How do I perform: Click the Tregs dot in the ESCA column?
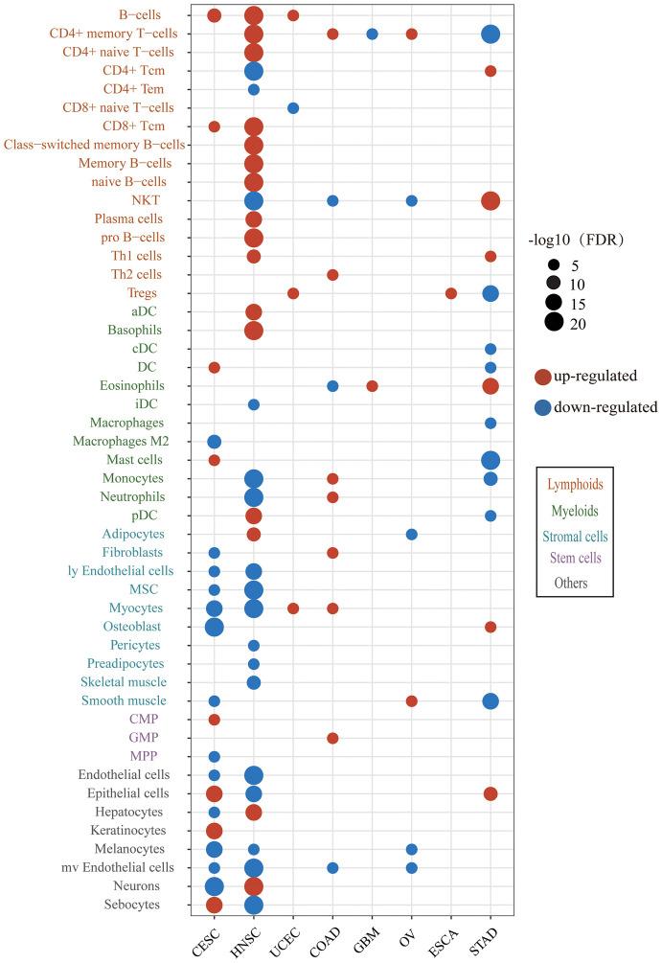coord(451,293)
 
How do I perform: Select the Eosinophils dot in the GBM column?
coord(372,386)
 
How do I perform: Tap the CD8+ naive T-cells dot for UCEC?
coord(293,108)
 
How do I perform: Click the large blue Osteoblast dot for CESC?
coord(215,627)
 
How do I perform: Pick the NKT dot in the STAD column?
coord(491,201)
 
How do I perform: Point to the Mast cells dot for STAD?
coord(491,460)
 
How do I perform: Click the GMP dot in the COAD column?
coord(332,738)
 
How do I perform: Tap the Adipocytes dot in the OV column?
coord(412,534)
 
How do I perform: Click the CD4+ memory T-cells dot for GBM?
coord(372,34)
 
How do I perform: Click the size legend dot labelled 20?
coord(553,323)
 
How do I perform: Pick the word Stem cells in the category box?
coord(575,559)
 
